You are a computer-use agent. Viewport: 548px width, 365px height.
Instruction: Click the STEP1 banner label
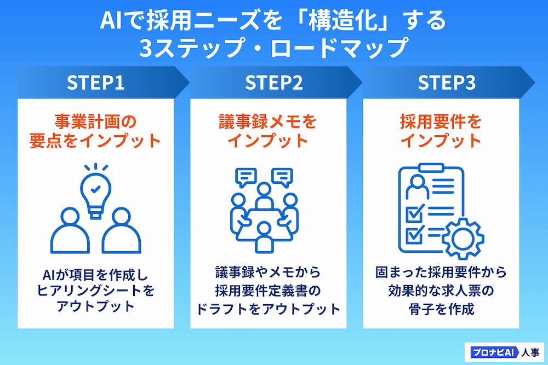(95, 83)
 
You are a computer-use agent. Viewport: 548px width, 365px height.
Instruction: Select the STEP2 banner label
(273, 83)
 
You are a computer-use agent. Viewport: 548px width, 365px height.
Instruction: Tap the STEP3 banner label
(447, 83)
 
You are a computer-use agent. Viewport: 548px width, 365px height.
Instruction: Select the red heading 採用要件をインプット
(441, 131)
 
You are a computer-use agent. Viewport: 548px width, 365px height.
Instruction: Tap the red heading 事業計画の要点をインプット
(95, 131)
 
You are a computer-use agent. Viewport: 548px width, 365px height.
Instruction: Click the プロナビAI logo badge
(489, 351)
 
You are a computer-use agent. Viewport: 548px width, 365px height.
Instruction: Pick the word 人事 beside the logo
(527, 351)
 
